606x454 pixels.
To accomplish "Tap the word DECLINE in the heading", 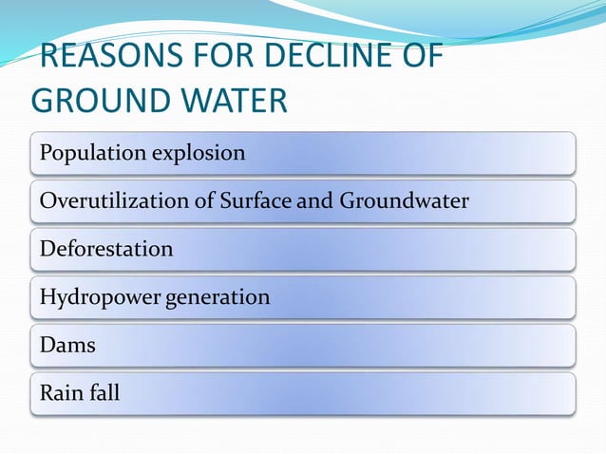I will tap(323, 60).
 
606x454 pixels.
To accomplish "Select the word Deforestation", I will tap(106, 250).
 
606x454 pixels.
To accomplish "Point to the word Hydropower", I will tap(99, 297).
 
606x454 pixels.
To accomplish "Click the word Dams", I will tap(67, 346).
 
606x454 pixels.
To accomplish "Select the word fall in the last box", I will tap(105, 392).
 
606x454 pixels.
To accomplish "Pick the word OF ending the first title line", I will tap(419, 60).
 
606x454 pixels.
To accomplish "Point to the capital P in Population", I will tap(46, 153).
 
